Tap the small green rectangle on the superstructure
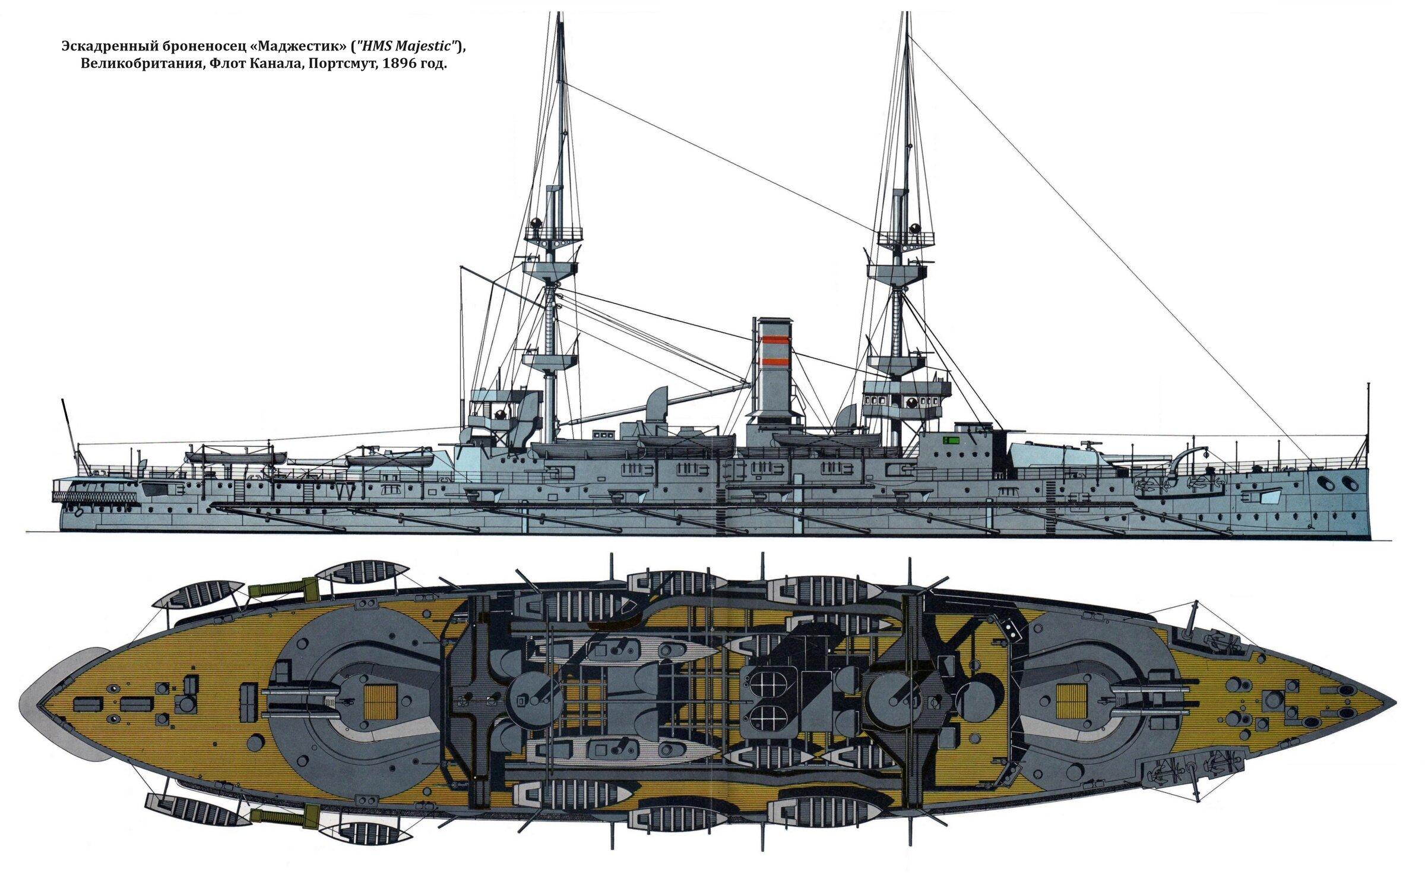pyautogui.click(x=951, y=440)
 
